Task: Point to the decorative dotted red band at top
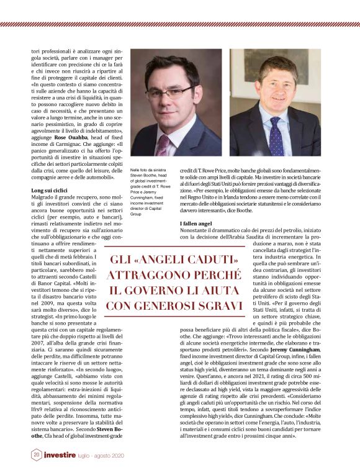[x=180, y=25]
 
